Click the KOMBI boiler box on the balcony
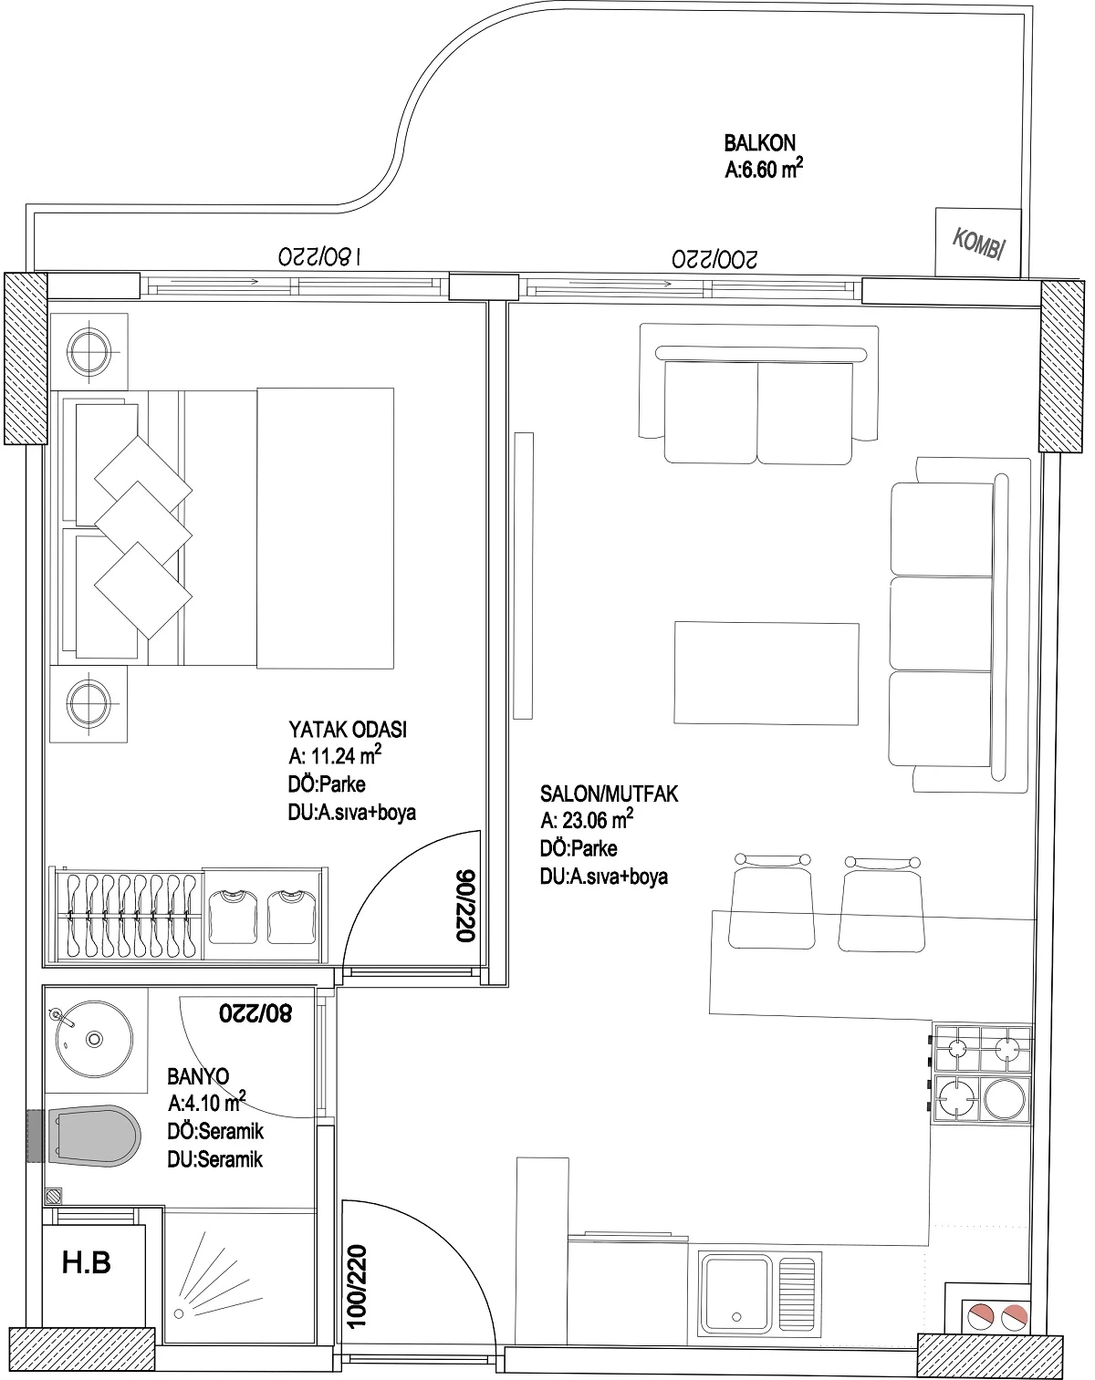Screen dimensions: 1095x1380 (978, 243)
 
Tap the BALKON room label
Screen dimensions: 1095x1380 (759, 142)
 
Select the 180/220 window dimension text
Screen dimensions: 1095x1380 (319, 256)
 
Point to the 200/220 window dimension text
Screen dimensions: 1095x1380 (714, 258)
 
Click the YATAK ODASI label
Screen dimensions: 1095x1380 (348, 729)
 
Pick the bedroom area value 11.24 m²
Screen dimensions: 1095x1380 (335, 755)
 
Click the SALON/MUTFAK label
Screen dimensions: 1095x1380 (609, 794)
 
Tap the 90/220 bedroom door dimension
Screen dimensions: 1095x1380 (464, 906)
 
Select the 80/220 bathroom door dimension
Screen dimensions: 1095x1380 (255, 1013)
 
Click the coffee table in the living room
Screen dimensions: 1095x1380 (766, 673)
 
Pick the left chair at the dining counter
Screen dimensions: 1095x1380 (772, 901)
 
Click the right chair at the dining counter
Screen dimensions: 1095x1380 (882, 903)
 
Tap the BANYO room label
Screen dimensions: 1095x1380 (198, 1075)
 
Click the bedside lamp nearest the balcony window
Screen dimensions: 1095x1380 (89, 351)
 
